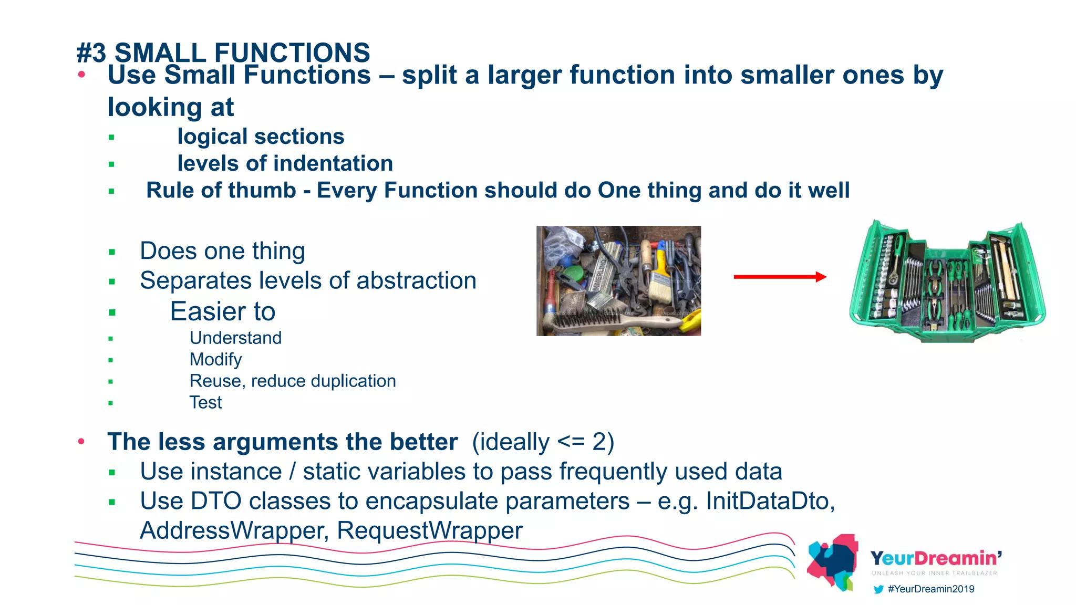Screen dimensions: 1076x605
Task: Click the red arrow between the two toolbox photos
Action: point(780,277)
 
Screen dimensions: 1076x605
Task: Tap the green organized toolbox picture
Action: point(947,282)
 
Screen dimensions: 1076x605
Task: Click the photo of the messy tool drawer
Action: point(618,281)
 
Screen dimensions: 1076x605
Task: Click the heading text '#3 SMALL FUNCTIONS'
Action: point(223,53)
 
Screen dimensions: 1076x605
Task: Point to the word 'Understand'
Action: point(235,338)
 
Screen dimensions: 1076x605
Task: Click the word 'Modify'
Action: point(215,360)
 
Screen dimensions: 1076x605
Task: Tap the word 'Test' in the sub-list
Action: point(205,403)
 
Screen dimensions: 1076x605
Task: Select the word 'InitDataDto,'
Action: point(770,501)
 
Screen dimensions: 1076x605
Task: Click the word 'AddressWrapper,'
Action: point(234,530)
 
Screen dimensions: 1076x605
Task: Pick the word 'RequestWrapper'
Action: point(429,530)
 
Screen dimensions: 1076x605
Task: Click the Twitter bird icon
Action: point(878,589)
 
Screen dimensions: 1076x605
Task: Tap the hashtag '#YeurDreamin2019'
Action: point(931,589)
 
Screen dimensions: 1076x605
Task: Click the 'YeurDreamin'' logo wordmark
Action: point(936,558)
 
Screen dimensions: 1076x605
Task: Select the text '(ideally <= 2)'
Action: point(543,442)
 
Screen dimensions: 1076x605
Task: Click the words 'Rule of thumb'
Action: point(221,190)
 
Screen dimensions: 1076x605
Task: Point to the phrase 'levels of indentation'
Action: point(285,163)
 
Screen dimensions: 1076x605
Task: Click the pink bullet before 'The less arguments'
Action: point(81,441)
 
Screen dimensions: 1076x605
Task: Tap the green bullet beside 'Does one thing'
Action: point(111,252)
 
